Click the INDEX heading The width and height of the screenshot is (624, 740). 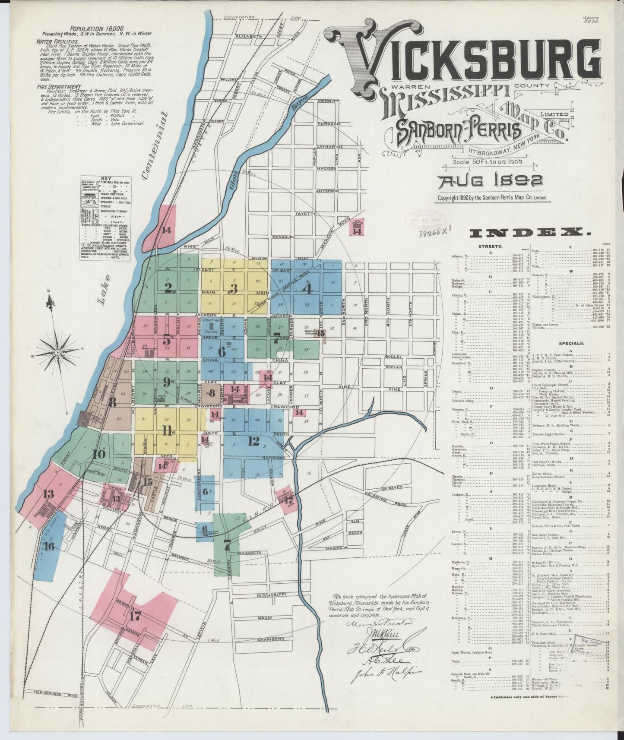tap(530, 233)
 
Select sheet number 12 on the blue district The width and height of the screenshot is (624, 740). tap(253, 441)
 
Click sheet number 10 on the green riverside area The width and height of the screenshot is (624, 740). tap(99, 454)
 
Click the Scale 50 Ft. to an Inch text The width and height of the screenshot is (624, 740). tap(488, 162)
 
